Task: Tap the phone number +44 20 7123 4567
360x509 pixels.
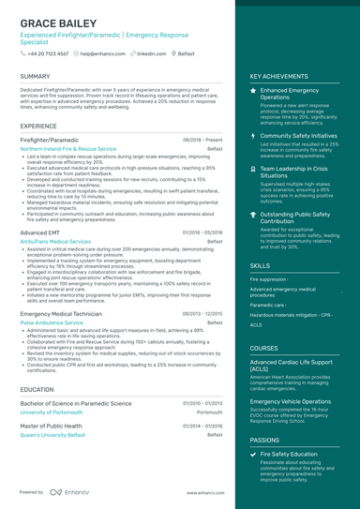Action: coord(47,53)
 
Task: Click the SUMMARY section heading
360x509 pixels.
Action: coord(35,76)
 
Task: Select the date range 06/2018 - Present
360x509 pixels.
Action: coord(202,139)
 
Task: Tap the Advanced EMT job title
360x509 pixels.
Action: coord(39,232)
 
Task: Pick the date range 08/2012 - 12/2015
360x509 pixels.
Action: coord(202,313)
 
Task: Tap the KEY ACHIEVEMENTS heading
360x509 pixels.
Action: coord(279,76)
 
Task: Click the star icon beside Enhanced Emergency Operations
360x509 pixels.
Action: coord(253,90)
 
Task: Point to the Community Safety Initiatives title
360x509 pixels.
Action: coord(298,135)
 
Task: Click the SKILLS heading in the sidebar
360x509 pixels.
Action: coord(261,266)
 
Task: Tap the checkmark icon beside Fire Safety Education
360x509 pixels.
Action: coord(253,454)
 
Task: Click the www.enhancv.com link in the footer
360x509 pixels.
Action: coord(202,491)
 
